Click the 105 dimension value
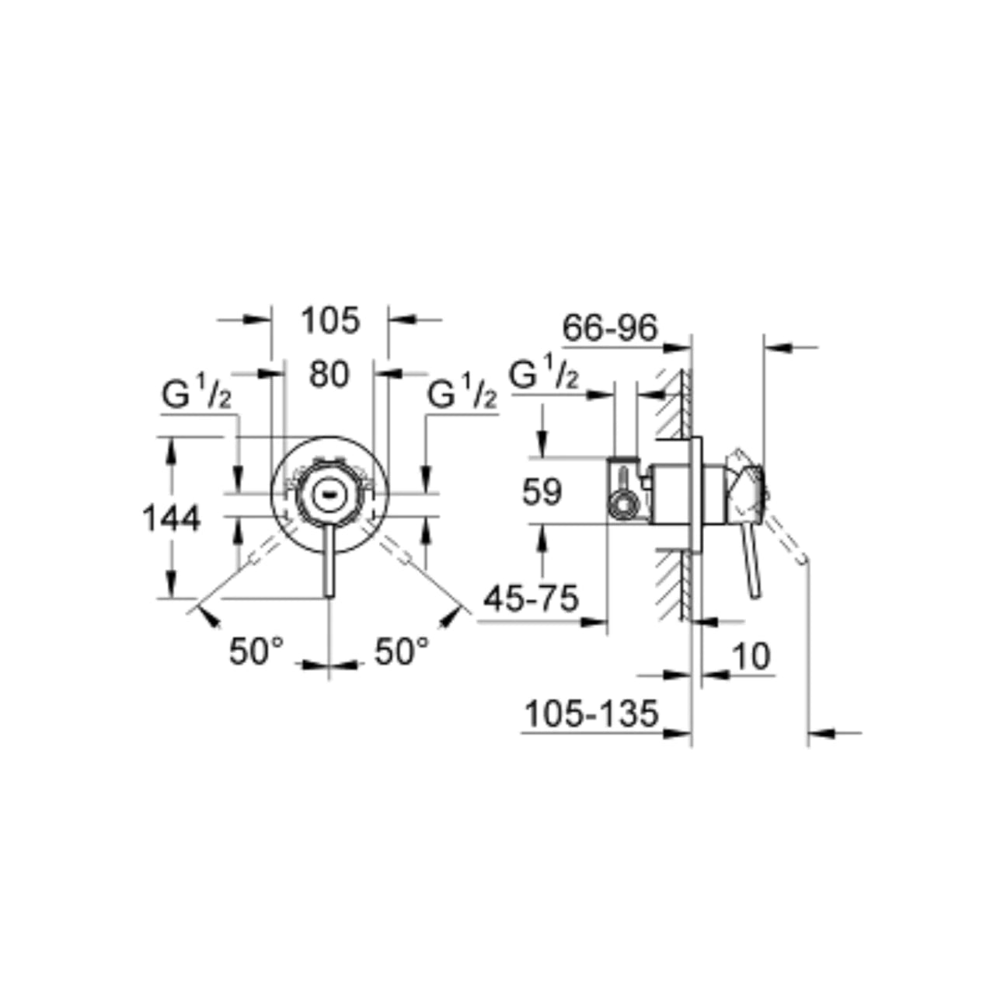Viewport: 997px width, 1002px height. coord(330,320)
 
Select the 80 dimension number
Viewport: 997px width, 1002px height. coord(329,375)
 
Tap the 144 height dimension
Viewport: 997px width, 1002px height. coord(172,518)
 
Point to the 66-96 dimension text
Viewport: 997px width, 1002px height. coord(610,328)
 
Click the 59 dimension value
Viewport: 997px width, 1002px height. coord(542,491)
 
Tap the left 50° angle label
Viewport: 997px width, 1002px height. coord(256,651)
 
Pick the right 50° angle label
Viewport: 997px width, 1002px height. coord(402,651)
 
